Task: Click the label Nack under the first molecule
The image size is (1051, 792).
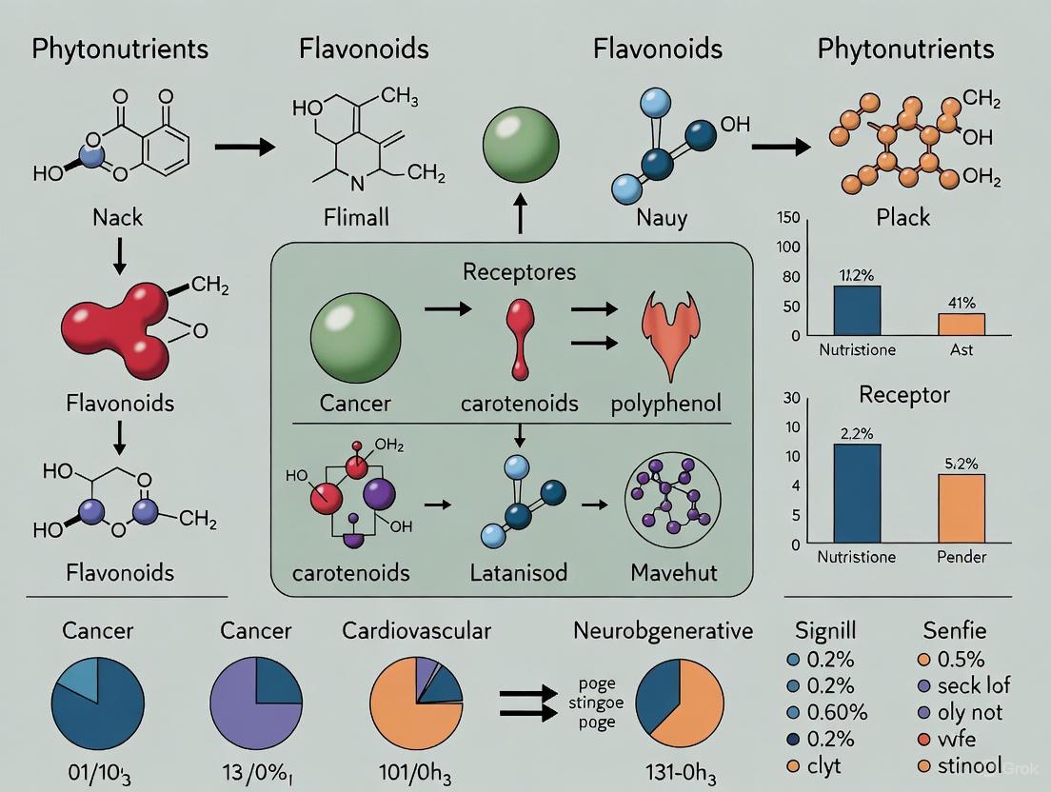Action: point(117,217)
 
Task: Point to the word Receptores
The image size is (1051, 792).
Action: point(519,271)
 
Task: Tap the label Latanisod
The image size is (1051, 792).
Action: point(518,573)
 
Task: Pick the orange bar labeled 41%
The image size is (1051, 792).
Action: point(962,324)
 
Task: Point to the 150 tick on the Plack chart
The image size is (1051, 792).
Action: point(789,217)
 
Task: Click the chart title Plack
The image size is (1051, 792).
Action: point(903,217)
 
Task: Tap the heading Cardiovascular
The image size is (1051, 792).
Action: point(417,631)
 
